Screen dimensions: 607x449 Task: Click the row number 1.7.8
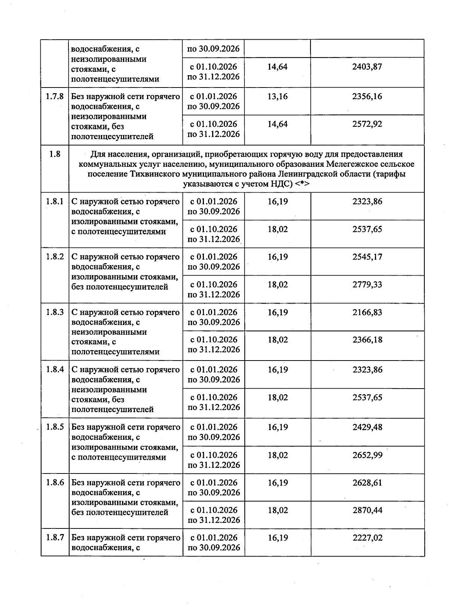[x=55, y=96]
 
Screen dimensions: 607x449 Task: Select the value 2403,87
[x=367, y=67]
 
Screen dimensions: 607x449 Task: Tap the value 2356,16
[x=367, y=96]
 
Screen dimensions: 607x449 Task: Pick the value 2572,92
[x=367, y=124]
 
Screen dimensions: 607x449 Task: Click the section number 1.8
[x=55, y=154]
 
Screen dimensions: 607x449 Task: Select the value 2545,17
[x=367, y=257]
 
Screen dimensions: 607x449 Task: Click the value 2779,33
[x=367, y=285]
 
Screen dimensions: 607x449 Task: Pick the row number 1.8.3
[x=55, y=312]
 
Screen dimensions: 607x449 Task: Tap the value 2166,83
[x=367, y=312]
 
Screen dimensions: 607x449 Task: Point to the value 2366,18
[x=367, y=340]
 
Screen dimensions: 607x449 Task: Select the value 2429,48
[x=367, y=427]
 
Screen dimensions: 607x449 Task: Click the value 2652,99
[x=367, y=455]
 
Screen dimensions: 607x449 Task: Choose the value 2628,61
[x=367, y=483]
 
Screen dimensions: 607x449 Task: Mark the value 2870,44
[x=367, y=510]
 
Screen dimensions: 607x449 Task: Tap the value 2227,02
[x=367, y=538]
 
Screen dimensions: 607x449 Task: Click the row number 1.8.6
[x=55, y=483]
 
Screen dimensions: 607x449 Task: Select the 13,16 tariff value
[x=277, y=96]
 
